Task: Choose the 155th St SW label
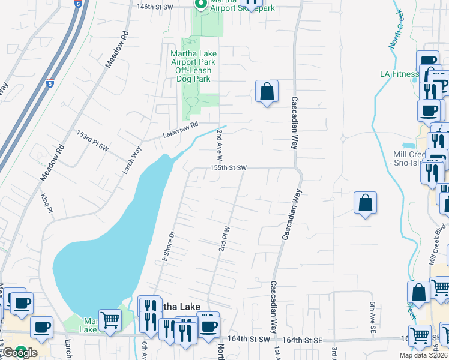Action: tap(228, 168)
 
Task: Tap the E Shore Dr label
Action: tap(167, 245)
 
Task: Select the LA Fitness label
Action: tap(399, 74)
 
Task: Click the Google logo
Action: tap(20, 353)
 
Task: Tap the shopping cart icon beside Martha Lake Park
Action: tap(110, 322)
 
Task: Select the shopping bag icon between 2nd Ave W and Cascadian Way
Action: tap(267, 92)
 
